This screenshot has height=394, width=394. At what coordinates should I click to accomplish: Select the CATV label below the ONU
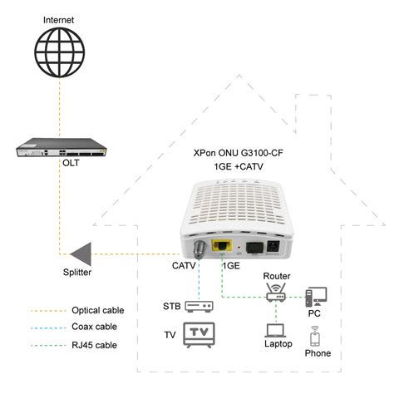185,267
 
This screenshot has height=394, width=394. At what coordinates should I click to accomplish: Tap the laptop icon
275,331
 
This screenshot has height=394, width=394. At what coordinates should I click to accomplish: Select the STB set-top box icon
199,307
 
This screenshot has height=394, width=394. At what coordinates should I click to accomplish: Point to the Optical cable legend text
97,310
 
